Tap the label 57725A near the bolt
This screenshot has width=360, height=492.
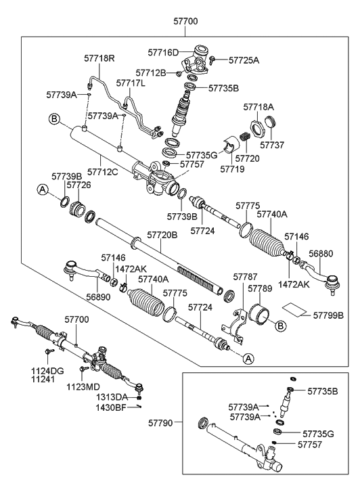244,60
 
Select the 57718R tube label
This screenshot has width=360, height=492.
99,58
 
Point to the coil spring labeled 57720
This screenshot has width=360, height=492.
244,137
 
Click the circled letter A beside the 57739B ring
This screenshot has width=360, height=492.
43,190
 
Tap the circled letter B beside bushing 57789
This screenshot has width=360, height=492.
280,326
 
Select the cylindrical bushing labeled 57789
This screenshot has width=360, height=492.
259,314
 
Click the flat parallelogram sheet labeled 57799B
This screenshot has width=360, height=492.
294,308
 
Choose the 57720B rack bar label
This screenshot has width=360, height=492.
162,235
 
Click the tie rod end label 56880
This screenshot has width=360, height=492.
320,254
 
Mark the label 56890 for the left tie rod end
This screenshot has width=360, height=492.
99,296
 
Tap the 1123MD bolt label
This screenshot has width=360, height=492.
83,386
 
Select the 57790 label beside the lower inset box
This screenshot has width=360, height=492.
160,423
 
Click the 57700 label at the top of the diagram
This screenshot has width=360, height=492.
185,22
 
